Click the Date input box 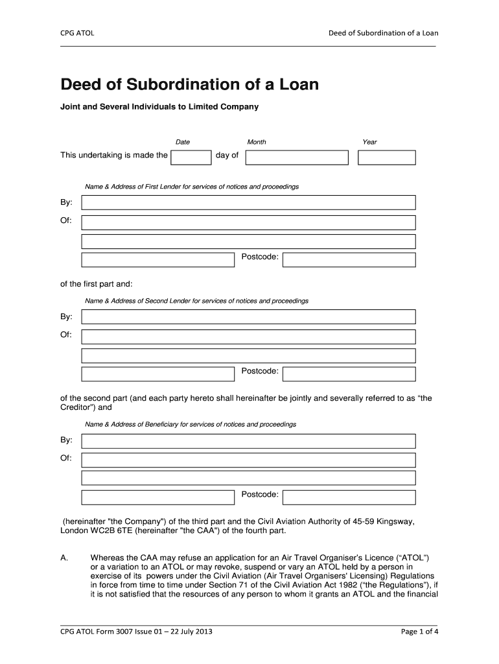pyautogui.click(x=192, y=157)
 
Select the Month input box pyautogui.click(x=297, y=157)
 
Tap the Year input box pyautogui.click(x=387, y=157)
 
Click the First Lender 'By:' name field pyautogui.click(x=248, y=203)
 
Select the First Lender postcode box pyautogui.click(x=349, y=259)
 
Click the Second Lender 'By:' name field pyautogui.click(x=248, y=317)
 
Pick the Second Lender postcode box pyautogui.click(x=349, y=373)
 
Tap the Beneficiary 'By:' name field pyautogui.click(x=248, y=441)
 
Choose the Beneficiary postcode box pyautogui.click(x=349, y=497)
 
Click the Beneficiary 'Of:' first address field pyautogui.click(x=248, y=460)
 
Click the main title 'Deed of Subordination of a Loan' pyautogui.click(x=189, y=85)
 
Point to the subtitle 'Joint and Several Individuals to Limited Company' pyautogui.click(x=159, y=106)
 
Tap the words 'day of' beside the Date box pyautogui.click(x=227, y=156)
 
